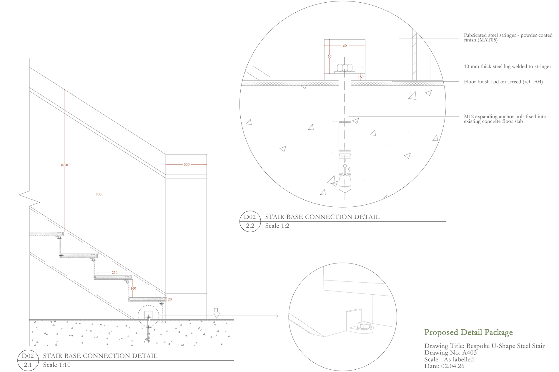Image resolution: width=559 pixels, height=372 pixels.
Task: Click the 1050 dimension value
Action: (x=64, y=165)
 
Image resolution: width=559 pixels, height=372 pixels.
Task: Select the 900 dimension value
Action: (x=99, y=194)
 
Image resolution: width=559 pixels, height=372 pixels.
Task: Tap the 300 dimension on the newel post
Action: (x=187, y=164)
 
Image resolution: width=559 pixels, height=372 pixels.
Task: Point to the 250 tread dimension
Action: (x=114, y=273)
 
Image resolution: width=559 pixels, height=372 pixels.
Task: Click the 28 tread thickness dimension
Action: (x=169, y=299)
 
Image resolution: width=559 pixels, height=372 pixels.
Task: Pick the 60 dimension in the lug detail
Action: (x=345, y=46)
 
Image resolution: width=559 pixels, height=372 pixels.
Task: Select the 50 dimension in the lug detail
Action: (x=330, y=56)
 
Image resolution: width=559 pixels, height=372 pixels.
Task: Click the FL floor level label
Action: (x=217, y=311)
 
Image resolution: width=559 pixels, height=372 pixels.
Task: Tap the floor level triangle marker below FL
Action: (x=217, y=316)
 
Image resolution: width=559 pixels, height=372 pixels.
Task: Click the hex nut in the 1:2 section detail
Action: (x=345, y=68)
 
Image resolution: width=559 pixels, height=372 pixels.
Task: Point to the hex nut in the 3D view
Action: (x=363, y=325)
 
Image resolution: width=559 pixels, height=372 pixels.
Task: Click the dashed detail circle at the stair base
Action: (x=149, y=306)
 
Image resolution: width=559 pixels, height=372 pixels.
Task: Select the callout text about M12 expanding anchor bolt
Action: (x=505, y=119)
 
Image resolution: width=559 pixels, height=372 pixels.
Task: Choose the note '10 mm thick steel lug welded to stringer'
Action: (x=508, y=66)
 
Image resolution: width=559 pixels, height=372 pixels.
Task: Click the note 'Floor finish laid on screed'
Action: (x=503, y=82)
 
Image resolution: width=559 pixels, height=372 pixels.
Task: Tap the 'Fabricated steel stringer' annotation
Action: (x=508, y=37)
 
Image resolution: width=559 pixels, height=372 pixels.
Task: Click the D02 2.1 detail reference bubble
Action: (x=28, y=360)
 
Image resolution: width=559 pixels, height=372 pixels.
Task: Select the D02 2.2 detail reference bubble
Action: (x=250, y=221)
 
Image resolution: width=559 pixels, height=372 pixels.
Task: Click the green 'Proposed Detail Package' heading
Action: (x=468, y=332)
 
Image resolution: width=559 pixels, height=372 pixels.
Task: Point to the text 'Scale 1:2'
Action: (x=277, y=226)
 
